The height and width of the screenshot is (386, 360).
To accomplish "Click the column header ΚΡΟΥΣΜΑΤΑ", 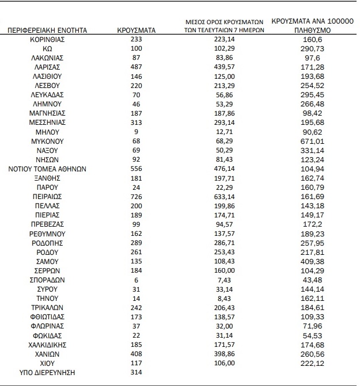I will tap(137, 29).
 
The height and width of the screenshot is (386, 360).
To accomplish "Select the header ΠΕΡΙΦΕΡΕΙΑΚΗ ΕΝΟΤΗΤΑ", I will tap(48, 29).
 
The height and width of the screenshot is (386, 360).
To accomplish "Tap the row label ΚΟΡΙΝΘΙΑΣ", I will tap(48, 39).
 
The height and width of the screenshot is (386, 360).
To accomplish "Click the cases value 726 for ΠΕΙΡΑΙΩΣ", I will tap(137, 196).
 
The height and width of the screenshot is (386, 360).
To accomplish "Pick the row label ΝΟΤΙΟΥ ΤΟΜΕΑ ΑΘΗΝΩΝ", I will tap(48, 169).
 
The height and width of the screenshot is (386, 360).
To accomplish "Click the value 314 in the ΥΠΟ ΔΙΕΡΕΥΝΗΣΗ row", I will tap(137, 372).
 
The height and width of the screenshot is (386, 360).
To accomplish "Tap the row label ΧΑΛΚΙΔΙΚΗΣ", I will tap(48, 345).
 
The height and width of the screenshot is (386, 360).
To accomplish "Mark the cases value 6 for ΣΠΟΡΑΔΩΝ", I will tap(137, 280).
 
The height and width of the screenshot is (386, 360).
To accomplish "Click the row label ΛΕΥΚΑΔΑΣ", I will tap(48, 94).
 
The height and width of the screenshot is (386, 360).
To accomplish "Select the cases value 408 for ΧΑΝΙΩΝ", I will tap(137, 354).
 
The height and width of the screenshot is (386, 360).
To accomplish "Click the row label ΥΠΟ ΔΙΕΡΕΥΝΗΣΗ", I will tap(48, 372).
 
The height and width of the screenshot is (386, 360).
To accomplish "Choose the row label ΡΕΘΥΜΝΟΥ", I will tap(48, 234).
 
